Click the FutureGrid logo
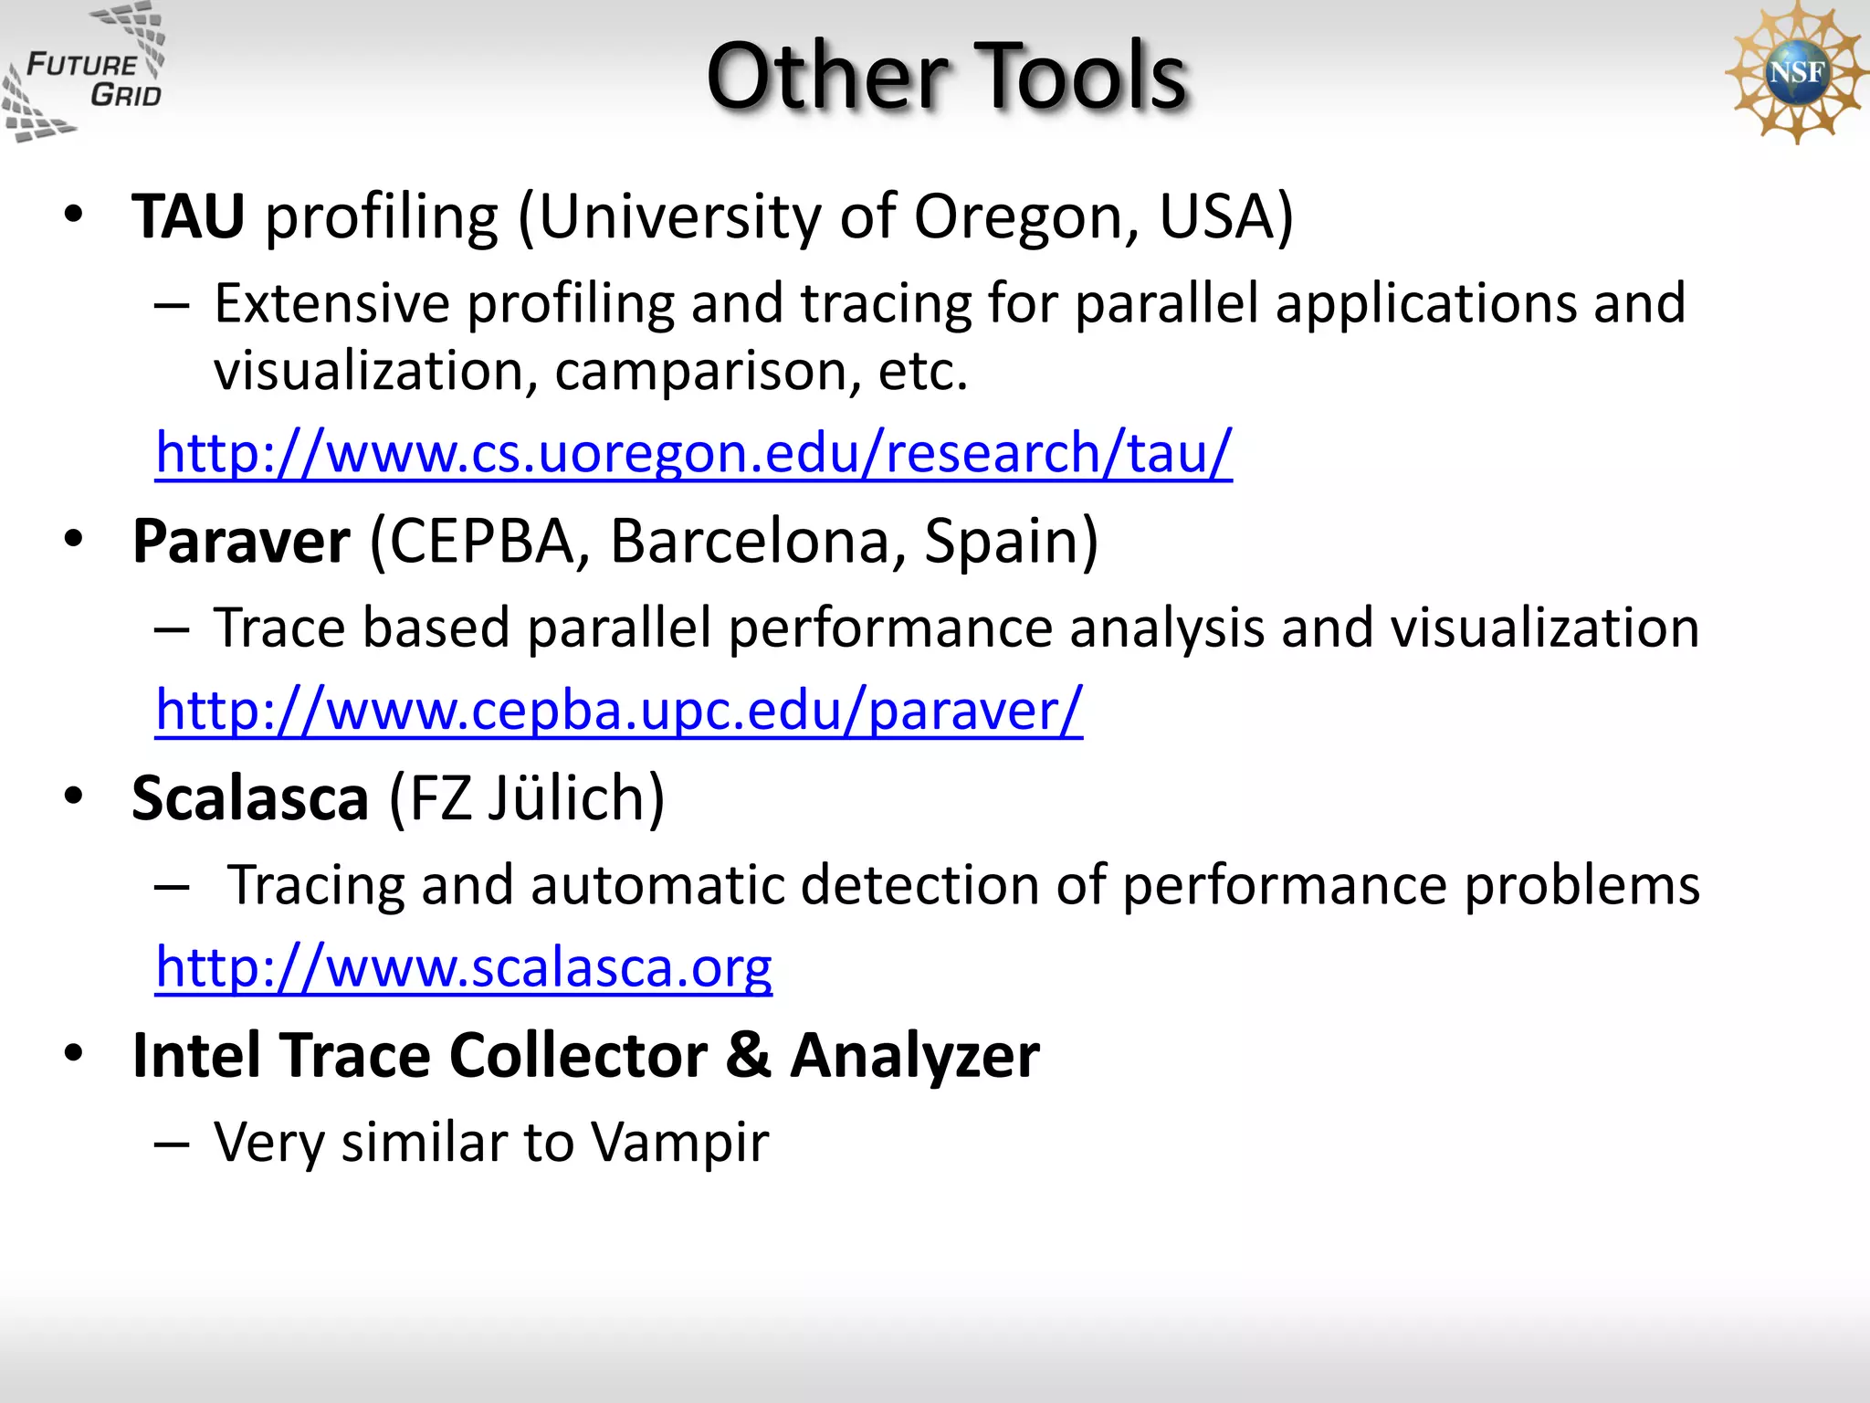click(x=84, y=73)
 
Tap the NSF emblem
click(x=1795, y=73)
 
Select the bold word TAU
click(x=188, y=217)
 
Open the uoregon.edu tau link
click(x=694, y=453)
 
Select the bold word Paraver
click(x=241, y=542)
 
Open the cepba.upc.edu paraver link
click(x=619, y=711)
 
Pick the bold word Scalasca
click(x=250, y=798)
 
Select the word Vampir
click(x=678, y=1142)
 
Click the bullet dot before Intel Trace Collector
click(x=74, y=1053)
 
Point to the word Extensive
click(x=332, y=304)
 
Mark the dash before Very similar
click(x=172, y=1144)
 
